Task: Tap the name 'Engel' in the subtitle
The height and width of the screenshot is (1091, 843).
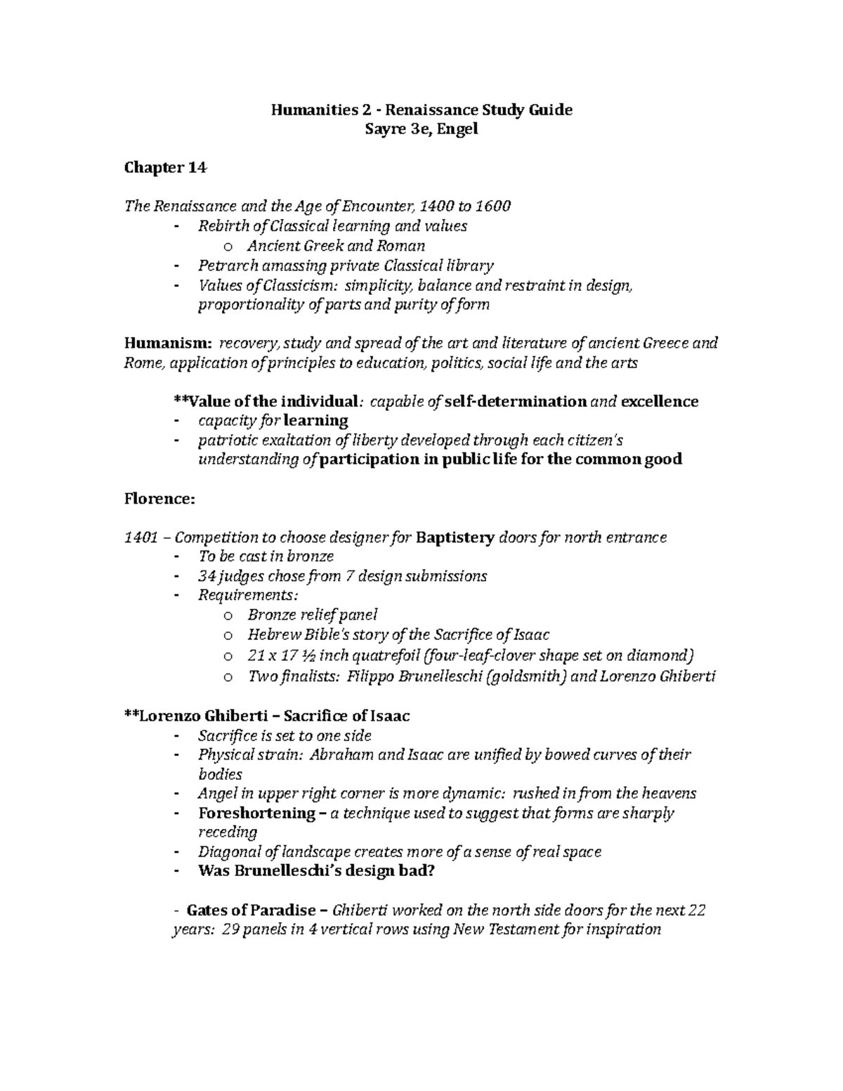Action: (x=457, y=129)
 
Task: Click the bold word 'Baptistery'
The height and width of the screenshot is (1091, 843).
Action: (x=455, y=537)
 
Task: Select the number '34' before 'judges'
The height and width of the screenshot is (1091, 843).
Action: (x=207, y=576)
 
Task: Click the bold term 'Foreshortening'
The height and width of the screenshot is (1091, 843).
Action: (x=257, y=813)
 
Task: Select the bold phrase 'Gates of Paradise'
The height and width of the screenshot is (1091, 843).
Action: (x=251, y=910)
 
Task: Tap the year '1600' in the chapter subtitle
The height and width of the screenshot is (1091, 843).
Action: (x=493, y=206)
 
